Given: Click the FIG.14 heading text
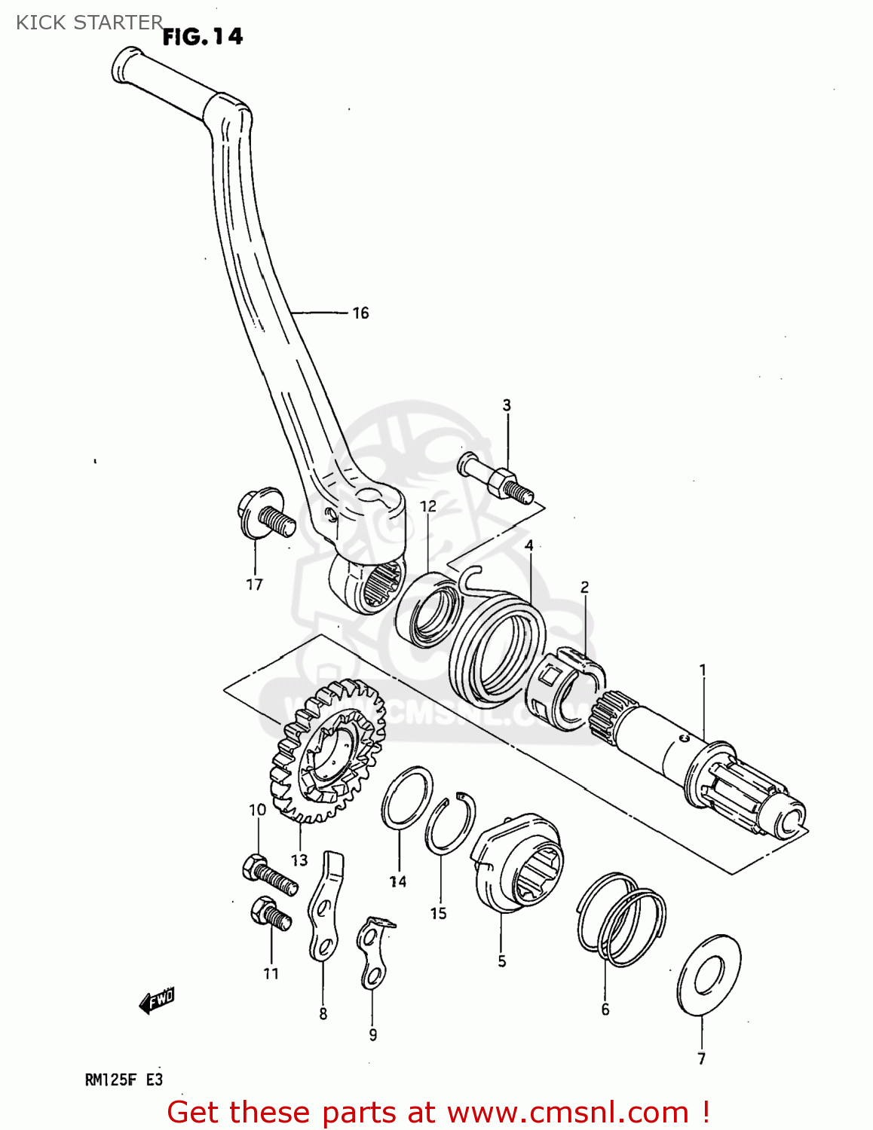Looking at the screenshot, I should (x=203, y=36).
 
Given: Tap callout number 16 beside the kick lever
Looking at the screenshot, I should (x=360, y=313).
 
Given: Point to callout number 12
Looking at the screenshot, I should (x=428, y=506).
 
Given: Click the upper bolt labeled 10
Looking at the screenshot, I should (x=268, y=874).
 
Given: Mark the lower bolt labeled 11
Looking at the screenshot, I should (x=271, y=915).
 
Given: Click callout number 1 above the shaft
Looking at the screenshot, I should (x=703, y=670).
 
